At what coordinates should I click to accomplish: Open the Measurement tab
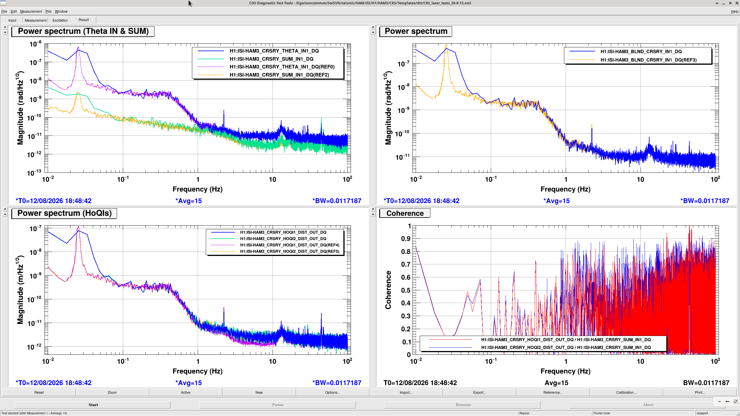pos(36,20)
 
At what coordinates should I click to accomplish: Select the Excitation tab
pos(60,20)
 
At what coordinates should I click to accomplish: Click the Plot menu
pos(48,12)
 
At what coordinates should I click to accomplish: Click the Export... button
pos(479,392)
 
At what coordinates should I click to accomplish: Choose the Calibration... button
pos(626,392)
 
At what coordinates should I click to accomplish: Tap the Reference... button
pos(553,392)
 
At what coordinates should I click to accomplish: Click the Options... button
pos(332,392)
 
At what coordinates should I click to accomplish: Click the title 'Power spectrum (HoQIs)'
pos(64,213)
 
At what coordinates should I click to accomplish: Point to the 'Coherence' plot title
pos(405,213)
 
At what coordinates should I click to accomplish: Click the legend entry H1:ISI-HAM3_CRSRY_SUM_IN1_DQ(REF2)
pos(279,75)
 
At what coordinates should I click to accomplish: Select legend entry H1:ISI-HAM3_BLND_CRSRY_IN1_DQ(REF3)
pos(648,60)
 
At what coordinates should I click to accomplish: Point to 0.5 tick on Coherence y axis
pos(406,290)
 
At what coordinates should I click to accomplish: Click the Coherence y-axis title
pos(388,290)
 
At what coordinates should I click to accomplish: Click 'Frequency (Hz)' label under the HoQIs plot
pos(197,371)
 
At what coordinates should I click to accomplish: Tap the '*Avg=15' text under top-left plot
pos(188,201)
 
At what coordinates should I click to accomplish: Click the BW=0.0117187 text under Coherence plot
pos(706,383)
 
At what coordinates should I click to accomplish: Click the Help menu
pos(735,12)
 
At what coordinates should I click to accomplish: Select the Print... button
pos(700,392)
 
